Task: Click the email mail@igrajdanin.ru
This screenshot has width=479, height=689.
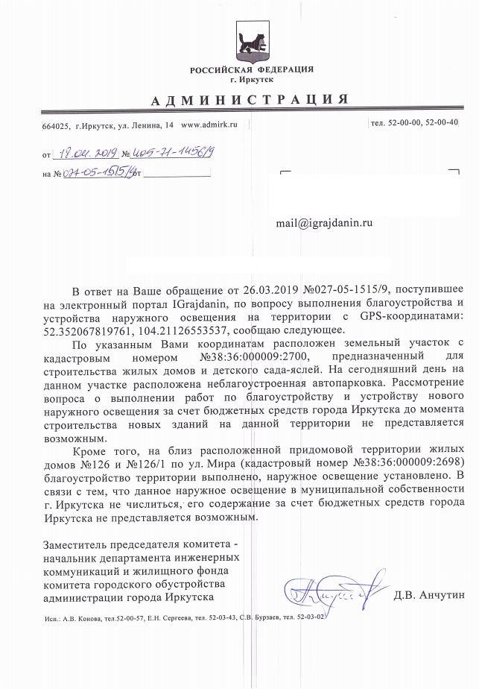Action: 324,222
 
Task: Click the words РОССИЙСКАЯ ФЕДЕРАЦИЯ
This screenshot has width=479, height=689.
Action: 252,70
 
